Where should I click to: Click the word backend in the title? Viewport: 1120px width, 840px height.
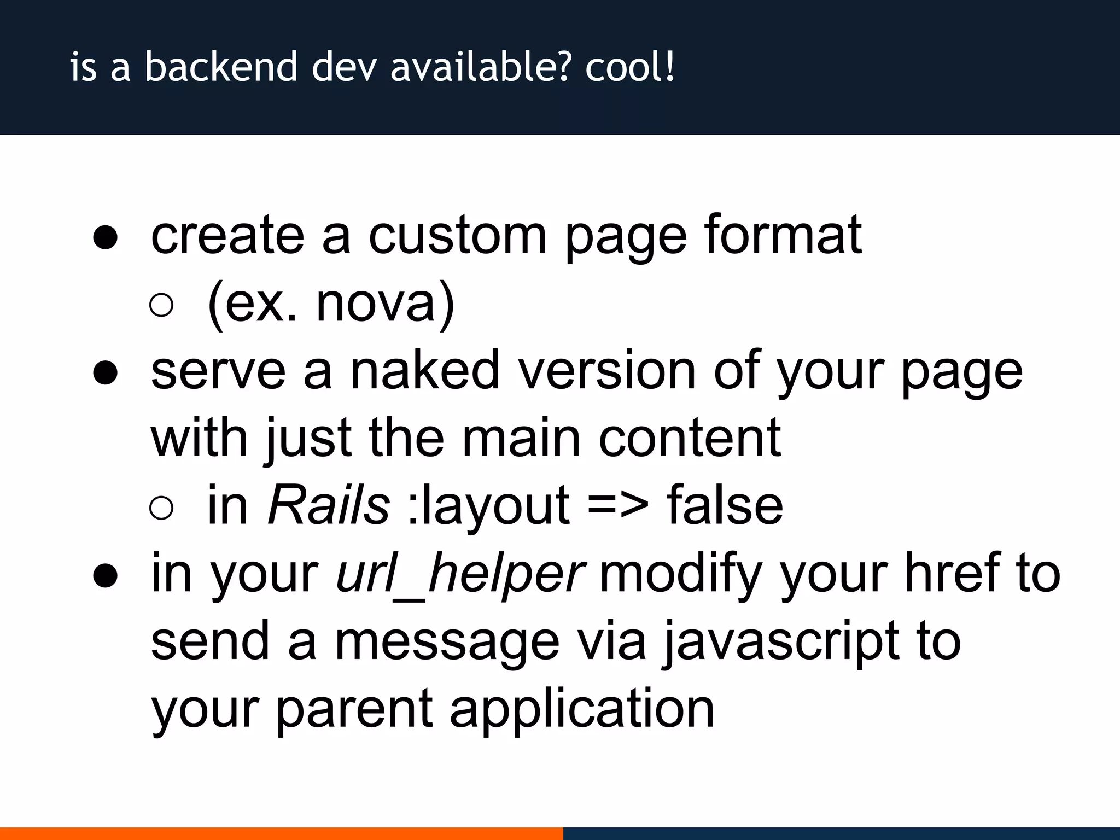221,67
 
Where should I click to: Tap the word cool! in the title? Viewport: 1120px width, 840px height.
630,67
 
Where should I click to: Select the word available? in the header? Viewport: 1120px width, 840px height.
481,67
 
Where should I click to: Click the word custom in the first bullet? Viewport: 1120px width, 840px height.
457,235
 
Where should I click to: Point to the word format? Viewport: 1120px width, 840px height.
783,235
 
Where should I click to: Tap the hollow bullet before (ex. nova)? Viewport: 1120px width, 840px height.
161,305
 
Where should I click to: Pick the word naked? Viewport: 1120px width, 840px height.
424,371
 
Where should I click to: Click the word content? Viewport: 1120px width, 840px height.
690,438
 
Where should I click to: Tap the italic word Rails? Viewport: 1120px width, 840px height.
329,505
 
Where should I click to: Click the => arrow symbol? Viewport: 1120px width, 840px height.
618,506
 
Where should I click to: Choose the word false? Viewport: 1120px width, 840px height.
725,505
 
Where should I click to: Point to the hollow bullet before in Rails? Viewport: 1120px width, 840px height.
161,508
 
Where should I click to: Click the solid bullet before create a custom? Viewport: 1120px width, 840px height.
105,238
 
